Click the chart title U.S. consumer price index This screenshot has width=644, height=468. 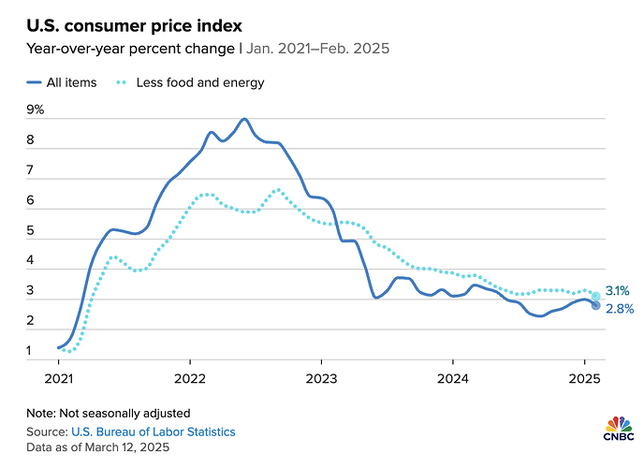(x=134, y=22)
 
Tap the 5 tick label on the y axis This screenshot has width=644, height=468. (x=31, y=231)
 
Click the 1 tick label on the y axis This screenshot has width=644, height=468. (x=31, y=352)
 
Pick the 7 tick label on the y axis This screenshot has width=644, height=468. (x=31, y=170)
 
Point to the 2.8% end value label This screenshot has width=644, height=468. (x=619, y=309)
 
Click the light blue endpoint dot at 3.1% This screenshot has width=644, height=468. (x=595, y=296)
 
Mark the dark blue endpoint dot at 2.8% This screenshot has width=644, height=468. (x=595, y=304)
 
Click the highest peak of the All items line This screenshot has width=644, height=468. (x=244, y=119)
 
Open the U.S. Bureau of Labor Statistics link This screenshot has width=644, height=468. (x=153, y=431)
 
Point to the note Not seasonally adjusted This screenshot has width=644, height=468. (x=109, y=413)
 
